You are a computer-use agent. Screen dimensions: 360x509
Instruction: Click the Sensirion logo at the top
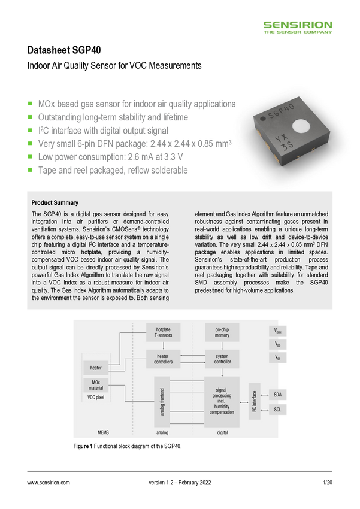coord(298,27)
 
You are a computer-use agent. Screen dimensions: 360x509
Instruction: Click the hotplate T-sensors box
coord(163,333)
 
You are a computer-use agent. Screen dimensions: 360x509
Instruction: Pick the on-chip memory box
coord(222,333)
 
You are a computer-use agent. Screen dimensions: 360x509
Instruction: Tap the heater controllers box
coord(163,359)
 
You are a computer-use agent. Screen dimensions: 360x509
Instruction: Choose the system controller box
coord(222,359)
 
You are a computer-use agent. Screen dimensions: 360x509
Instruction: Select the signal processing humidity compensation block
coord(222,399)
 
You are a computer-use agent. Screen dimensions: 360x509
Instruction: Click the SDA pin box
coord(277,395)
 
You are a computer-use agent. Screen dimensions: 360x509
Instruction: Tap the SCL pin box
coord(277,410)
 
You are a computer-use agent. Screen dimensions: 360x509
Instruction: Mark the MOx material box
coord(96,385)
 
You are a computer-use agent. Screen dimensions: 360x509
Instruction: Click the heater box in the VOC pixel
coord(96,368)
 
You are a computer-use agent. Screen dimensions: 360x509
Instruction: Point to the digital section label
coord(223,431)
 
